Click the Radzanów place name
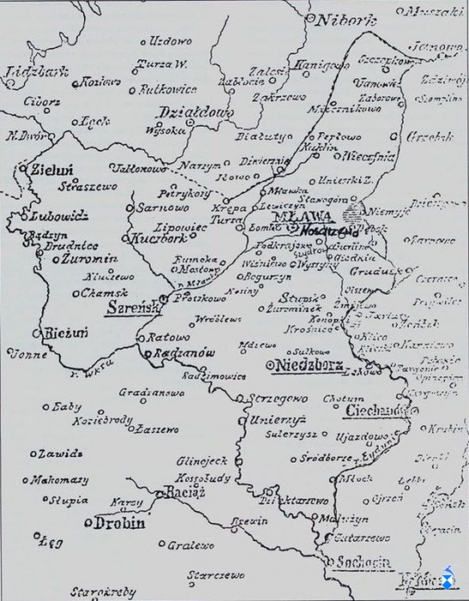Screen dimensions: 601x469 (180, 352)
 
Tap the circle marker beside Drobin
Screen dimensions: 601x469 (88, 521)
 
